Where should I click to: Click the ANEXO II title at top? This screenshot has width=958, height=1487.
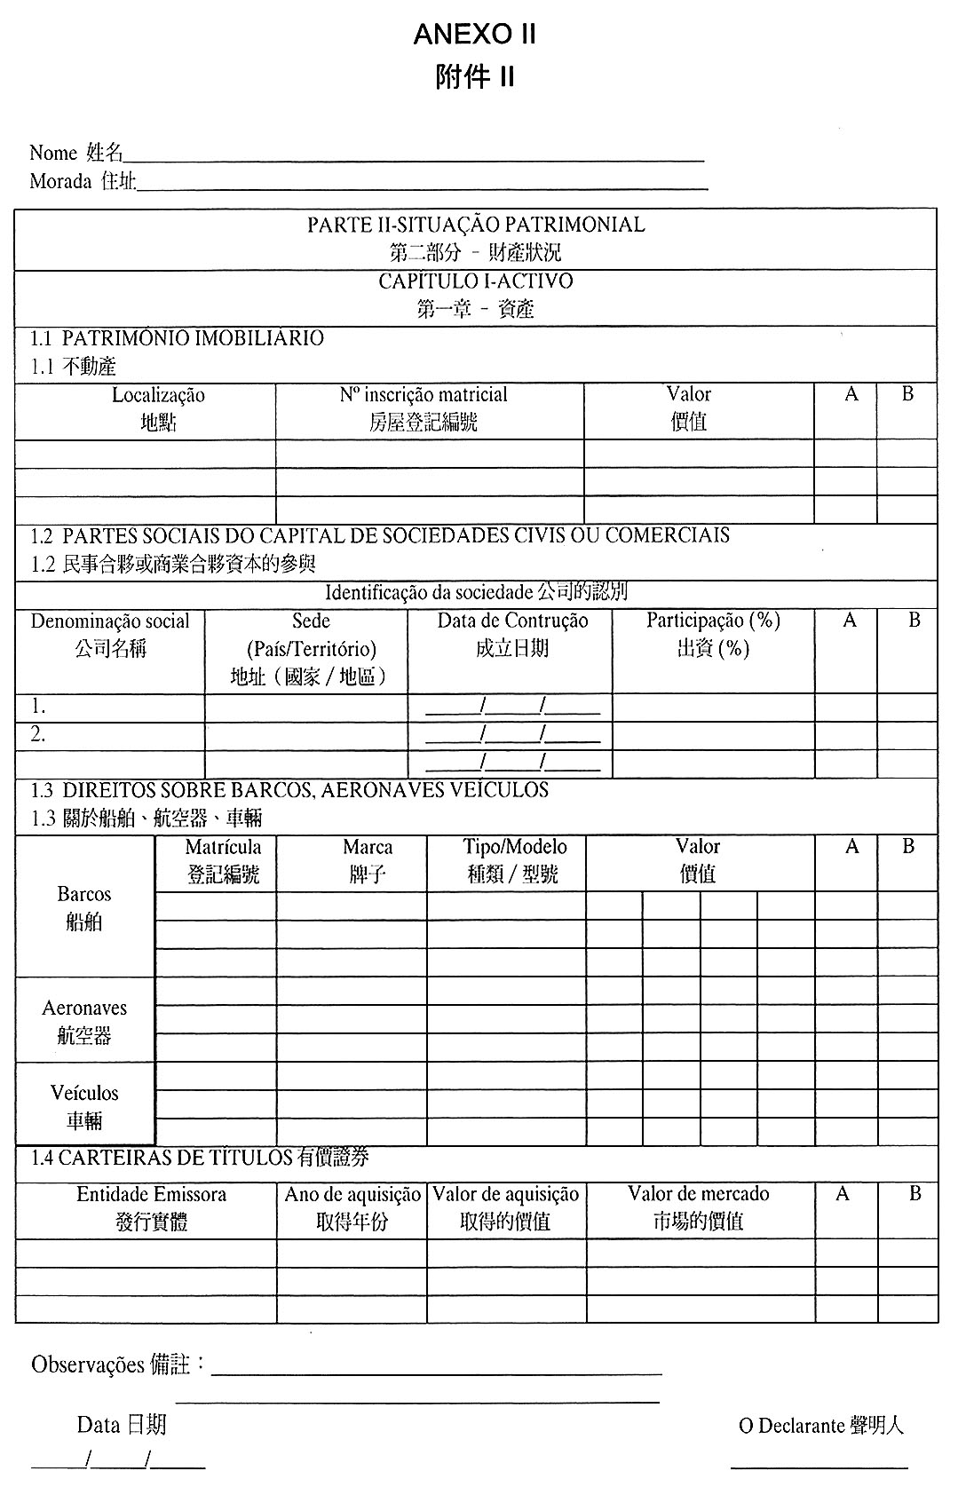click(x=475, y=35)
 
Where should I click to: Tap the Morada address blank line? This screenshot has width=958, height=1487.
click(x=422, y=188)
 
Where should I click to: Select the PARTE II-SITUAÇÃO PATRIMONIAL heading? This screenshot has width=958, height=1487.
click(x=476, y=225)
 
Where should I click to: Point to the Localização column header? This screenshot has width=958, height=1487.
click(x=158, y=396)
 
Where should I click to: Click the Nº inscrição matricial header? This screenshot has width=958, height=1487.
click(x=424, y=395)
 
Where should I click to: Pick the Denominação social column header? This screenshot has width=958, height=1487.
click(x=110, y=621)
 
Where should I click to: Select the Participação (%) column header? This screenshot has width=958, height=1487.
click(x=713, y=621)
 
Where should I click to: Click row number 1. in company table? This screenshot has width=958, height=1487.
click(x=38, y=707)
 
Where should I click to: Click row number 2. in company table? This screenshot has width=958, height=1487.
click(x=38, y=734)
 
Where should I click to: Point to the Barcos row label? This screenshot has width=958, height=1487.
click(x=84, y=894)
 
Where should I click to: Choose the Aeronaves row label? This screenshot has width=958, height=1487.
click(x=84, y=1008)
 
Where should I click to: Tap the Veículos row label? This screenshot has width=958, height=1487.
click(x=84, y=1093)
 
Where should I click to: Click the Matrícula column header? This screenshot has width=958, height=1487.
click(x=223, y=848)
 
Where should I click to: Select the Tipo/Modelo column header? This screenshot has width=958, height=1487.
click(x=514, y=848)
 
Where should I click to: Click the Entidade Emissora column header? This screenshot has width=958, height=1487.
click(x=151, y=1195)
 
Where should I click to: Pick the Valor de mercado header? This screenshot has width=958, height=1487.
click(x=698, y=1195)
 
